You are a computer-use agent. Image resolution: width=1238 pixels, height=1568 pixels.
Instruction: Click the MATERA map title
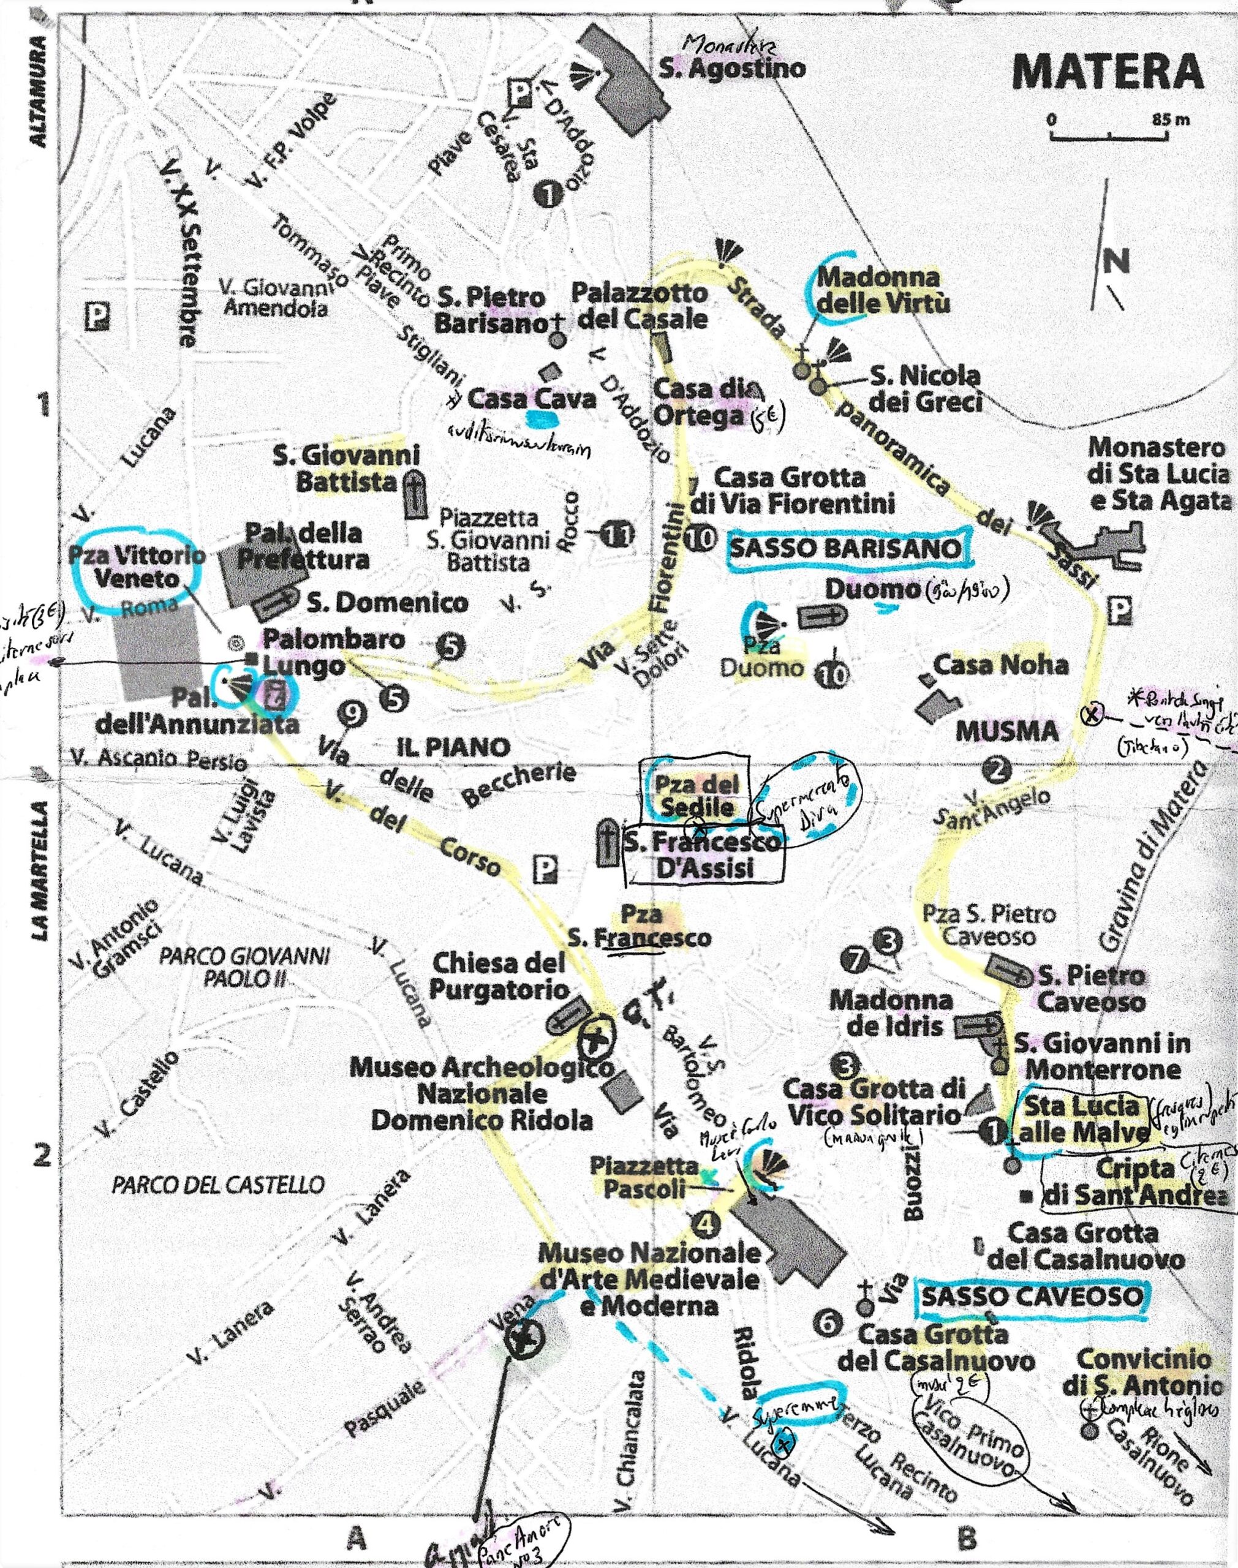point(1108,72)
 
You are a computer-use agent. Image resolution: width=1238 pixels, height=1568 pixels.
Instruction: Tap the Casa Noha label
point(1000,665)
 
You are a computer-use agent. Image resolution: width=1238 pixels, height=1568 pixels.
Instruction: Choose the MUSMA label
point(997,732)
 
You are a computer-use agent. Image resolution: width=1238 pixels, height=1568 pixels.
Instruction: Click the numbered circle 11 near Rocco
point(617,535)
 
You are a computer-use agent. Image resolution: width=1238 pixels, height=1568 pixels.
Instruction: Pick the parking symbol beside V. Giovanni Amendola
point(96,316)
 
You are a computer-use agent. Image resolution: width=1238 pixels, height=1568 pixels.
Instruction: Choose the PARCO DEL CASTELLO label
point(217,1185)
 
